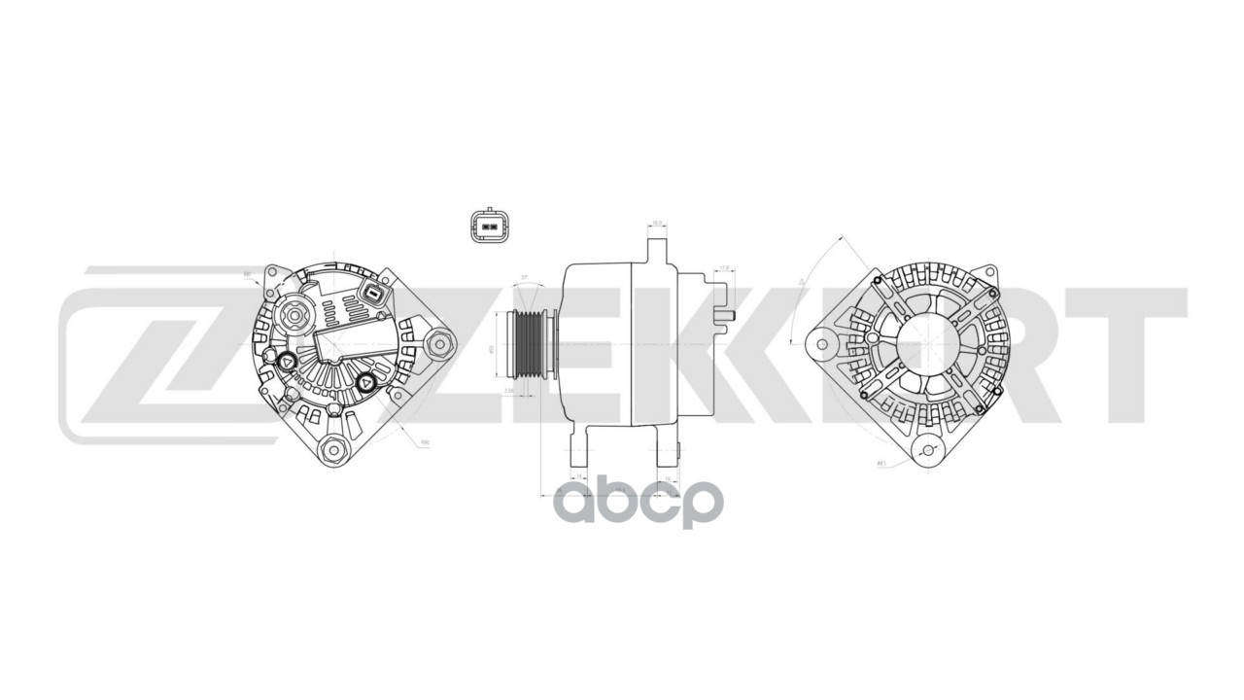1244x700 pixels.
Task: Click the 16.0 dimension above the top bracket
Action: click(657, 224)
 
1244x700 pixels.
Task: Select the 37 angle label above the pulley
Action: click(525, 278)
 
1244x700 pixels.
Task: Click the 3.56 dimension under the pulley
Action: click(508, 391)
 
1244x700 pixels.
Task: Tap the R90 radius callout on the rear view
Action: click(424, 443)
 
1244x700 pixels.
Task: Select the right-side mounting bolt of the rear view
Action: click(440, 343)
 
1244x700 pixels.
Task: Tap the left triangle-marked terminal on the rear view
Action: click(289, 363)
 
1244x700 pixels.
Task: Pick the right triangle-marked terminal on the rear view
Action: click(366, 382)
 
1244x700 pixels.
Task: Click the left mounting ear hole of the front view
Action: click(822, 343)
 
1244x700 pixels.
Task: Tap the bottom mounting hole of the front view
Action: click(928, 449)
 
